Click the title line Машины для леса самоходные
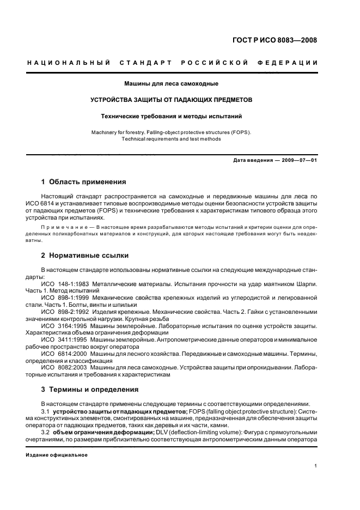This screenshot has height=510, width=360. coord(172,84)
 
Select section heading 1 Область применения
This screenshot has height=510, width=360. coord(84,182)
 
